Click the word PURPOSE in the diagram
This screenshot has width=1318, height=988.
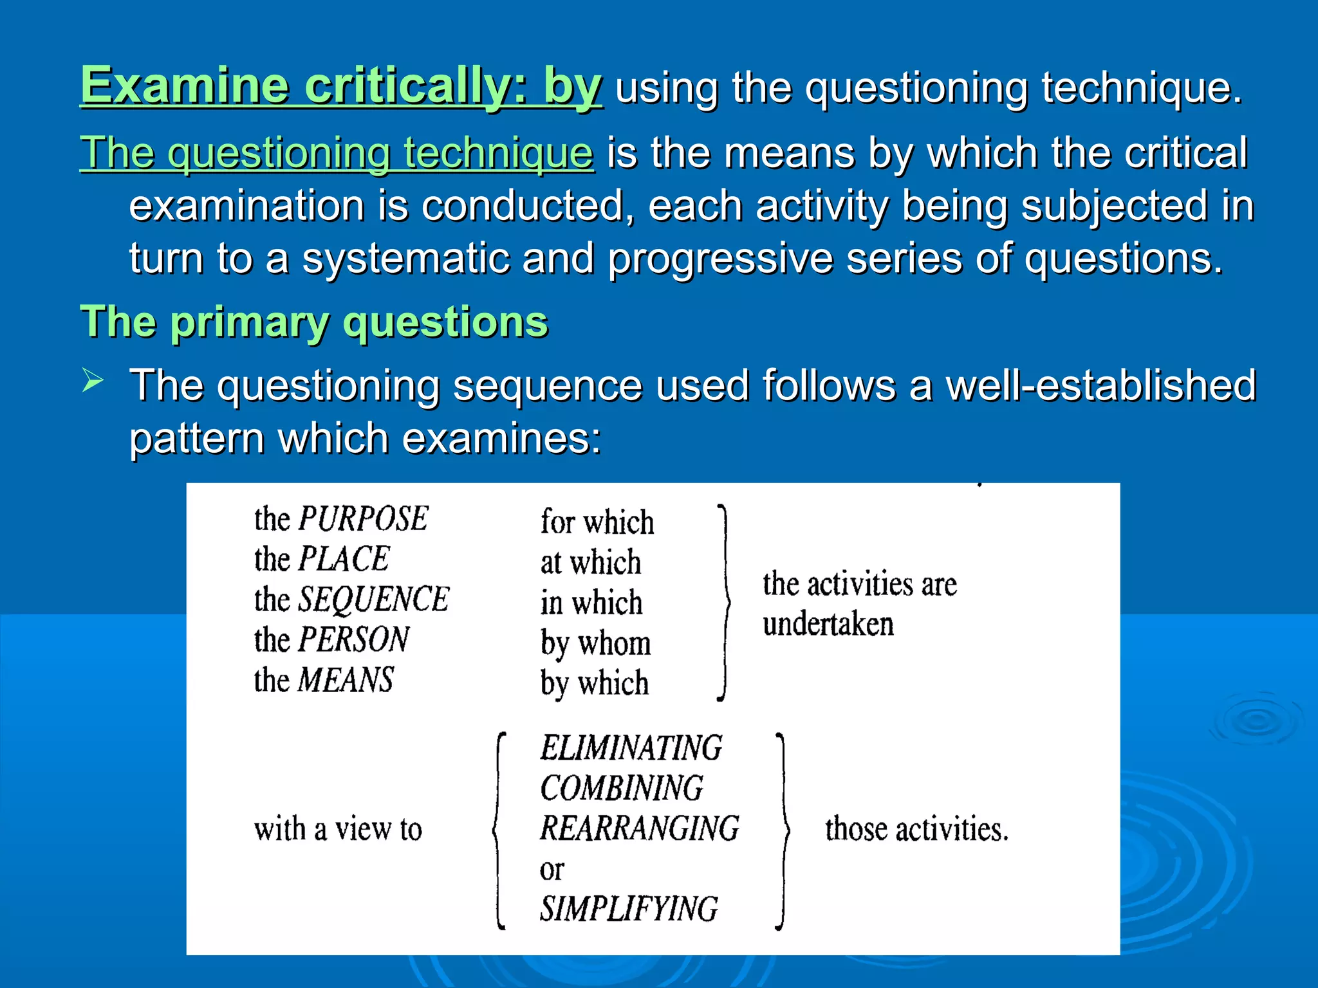(363, 518)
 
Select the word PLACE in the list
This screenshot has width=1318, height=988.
(344, 558)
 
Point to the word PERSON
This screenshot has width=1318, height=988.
(354, 639)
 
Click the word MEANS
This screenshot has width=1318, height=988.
(346, 680)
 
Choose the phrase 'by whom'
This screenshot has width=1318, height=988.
(595, 643)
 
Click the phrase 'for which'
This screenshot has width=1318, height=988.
(597, 522)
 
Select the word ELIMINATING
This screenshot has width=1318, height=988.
(631, 748)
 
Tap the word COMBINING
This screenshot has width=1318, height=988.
(622, 789)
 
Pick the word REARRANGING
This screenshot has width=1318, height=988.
(640, 828)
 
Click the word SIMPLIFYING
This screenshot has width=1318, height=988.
(629, 909)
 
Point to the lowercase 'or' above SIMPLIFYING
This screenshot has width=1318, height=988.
(552, 870)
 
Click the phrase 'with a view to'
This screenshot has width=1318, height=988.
(338, 829)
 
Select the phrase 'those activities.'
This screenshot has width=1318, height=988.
(916, 829)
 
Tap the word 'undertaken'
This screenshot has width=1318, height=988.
(828, 625)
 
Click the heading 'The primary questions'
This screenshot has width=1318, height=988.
(314, 321)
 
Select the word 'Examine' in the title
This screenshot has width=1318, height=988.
(184, 86)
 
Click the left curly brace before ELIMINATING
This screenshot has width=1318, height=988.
(499, 830)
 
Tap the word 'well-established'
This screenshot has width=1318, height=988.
(1100, 385)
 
